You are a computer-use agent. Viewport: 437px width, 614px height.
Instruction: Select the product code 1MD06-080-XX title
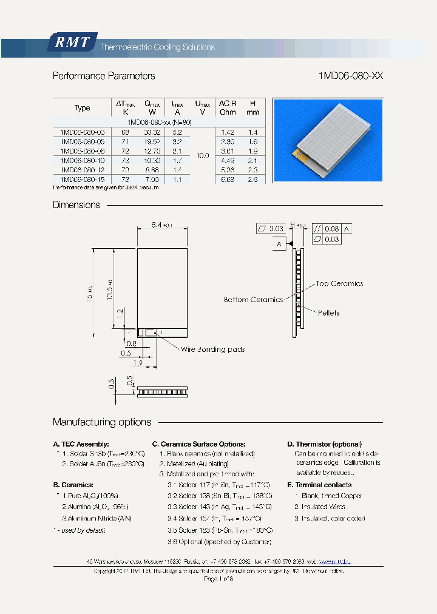click(350, 76)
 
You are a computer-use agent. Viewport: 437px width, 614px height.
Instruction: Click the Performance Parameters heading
click(104, 76)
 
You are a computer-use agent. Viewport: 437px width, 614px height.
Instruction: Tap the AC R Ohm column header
click(228, 107)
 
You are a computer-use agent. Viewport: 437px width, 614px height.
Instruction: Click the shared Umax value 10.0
click(203, 155)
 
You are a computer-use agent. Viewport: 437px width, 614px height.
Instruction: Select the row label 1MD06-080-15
click(82, 180)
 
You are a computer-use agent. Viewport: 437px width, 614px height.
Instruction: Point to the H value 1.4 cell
click(252, 132)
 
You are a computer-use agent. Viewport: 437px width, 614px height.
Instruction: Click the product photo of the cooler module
click(328, 140)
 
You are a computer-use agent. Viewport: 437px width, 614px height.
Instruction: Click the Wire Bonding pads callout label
click(212, 349)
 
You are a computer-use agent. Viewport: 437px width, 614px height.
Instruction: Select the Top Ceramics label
click(339, 283)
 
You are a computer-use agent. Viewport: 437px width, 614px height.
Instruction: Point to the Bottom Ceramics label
click(253, 300)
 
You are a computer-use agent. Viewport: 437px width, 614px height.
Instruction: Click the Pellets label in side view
click(328, 313)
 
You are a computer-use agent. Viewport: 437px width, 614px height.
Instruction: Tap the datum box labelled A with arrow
click(279, 244)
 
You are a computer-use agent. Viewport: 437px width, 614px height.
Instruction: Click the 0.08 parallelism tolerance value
click(331, 229)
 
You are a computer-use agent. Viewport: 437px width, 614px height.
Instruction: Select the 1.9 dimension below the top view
click(137, 363)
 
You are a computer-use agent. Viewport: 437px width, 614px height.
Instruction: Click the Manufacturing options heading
click(102, 422)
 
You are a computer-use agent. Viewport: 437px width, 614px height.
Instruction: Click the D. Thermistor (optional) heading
click(324, 444)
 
